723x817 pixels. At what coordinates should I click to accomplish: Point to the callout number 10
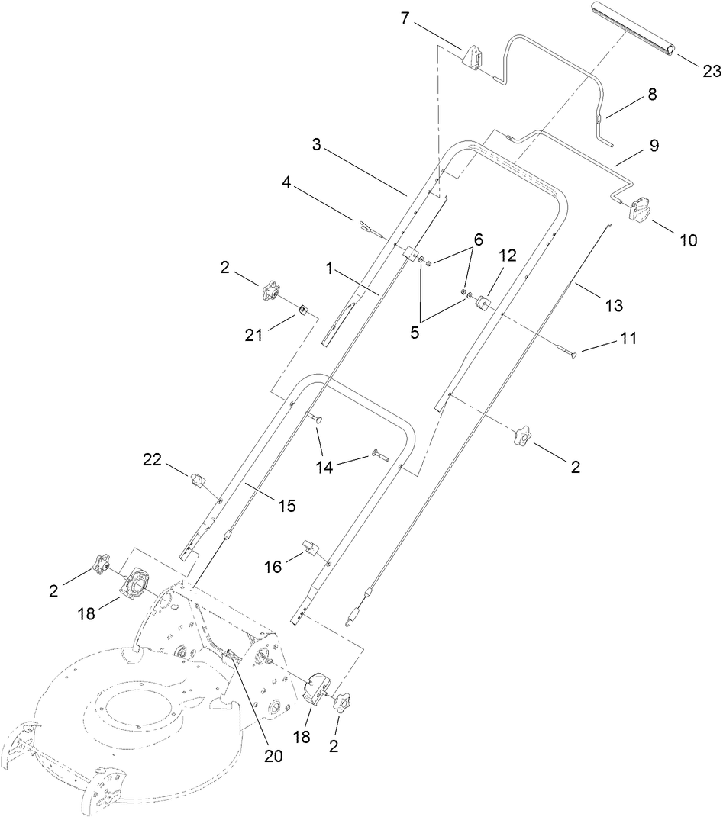[x=687, y=240]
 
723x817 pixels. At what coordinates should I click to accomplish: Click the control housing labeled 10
[x=639, y=210]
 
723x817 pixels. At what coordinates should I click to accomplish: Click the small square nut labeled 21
[x=303, y=309]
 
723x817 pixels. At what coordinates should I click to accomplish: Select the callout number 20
[x=273, y=756]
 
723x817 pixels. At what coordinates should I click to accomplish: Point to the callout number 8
[x=651, y=95]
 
